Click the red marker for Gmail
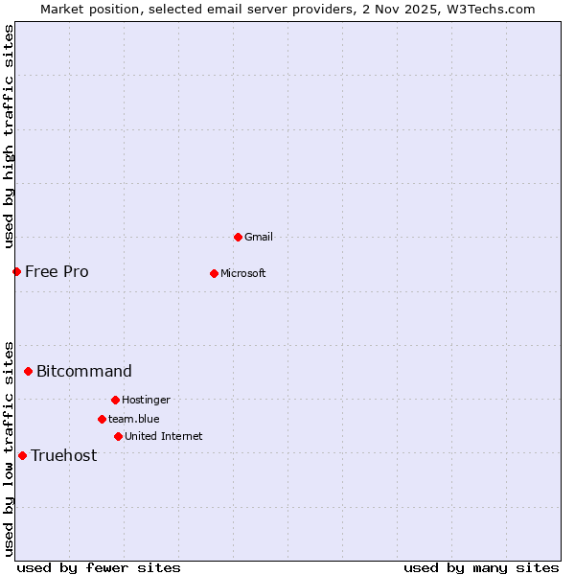click(x=238, y=237)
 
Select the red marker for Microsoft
click(x=214, y=273)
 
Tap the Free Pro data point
click(x=16, y=271)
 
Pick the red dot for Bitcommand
click(x=28, y=371)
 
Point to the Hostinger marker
click(x=115, y=400)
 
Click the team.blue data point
click(x=102, y=419)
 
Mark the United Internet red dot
click(x=118, y=436)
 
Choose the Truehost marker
click(x=22, y=455)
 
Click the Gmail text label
click(x=259, y=237)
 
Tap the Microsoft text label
click(x=243, y=273)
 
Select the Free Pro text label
click(x=57, y=271)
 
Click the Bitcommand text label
click(x=84, y=371)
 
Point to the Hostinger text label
click(x=146, y=400)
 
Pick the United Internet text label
click(x=163, y=436)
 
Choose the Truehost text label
click(x=63, y=455)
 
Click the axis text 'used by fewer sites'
click(x=99, y=567)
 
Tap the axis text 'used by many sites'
click(x=481, y=567)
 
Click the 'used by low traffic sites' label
click(x=9, y=448)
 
